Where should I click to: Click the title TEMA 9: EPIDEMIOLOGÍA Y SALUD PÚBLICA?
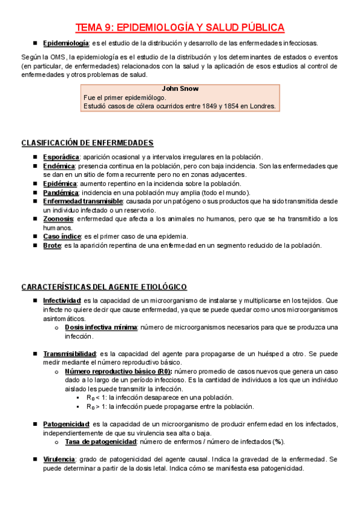click(x=180, y=28)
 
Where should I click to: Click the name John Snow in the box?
click(x=180, y=88)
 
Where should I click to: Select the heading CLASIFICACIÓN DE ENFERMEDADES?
click(x=87, y=143)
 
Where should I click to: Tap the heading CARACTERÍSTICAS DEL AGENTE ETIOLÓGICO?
click(x=104, y=286)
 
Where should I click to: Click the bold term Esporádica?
click(x=61, y=156)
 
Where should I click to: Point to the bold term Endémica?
click(x=59, y=165)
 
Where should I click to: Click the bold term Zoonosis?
click(x=59, y=219)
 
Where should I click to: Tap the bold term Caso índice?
click(x=62, y=236)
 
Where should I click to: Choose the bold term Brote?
click(x=52, y=245)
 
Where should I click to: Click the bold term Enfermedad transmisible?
click(x=83, y=201)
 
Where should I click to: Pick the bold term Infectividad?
click(x=62, y=300)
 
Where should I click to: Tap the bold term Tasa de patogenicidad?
click(x=100, y=441)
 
